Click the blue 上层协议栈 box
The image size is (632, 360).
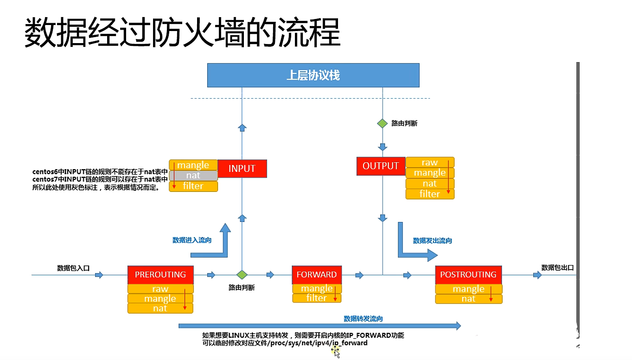point(313,75)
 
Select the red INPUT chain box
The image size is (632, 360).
point(242,169)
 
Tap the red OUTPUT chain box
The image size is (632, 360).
point(381,166)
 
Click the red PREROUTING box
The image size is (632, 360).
point(160,275)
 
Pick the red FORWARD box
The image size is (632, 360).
point(317,275)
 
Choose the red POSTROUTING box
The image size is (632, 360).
point(468,275)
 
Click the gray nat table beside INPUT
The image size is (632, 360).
point(193,176)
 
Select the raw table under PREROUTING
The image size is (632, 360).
point(160,289)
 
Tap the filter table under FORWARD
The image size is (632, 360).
point(317,298)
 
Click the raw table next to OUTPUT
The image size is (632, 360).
point(430,162)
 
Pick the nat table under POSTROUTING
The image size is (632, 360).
point(468,299)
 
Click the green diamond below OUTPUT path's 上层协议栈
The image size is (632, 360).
point(382,124)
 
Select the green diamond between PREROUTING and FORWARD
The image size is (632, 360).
point(241,275)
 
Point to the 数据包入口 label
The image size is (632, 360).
point(73,268)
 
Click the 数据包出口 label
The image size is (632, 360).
point(557,267)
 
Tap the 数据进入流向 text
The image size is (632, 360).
point(192,240)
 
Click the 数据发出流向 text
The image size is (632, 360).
point(432,240)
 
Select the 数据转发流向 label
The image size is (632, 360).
point(363,319)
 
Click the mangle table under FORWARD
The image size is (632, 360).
point(317,289)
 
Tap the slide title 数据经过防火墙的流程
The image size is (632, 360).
point(182,33)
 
